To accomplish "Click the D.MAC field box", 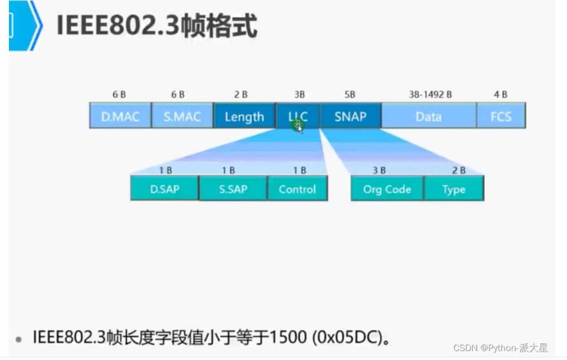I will click(x=120, y=117).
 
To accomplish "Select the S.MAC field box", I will click(x=182, y=117).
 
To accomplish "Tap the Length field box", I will click(x=244, y=117).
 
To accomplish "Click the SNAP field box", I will click(x=350, y=117).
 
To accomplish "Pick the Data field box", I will click(x=428, y=117).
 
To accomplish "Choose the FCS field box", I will click(x=501, y=117).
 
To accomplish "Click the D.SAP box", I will click(x=164, y=189).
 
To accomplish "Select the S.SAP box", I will click(x=233, y=189).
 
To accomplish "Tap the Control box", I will click(x=297, y=189).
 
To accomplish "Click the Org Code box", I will click(x=387, y=189).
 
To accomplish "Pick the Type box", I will click(x=454, y=189).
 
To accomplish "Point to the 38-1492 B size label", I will click(x=430, y=94).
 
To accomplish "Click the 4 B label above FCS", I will click(x=501, y=94).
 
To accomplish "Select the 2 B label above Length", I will click(x=241, y=94).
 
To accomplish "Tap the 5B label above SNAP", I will click(x=350, y=94).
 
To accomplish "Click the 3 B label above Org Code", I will click(x=379, y=170).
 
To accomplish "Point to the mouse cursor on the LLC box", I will click(x=298, y=127).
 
